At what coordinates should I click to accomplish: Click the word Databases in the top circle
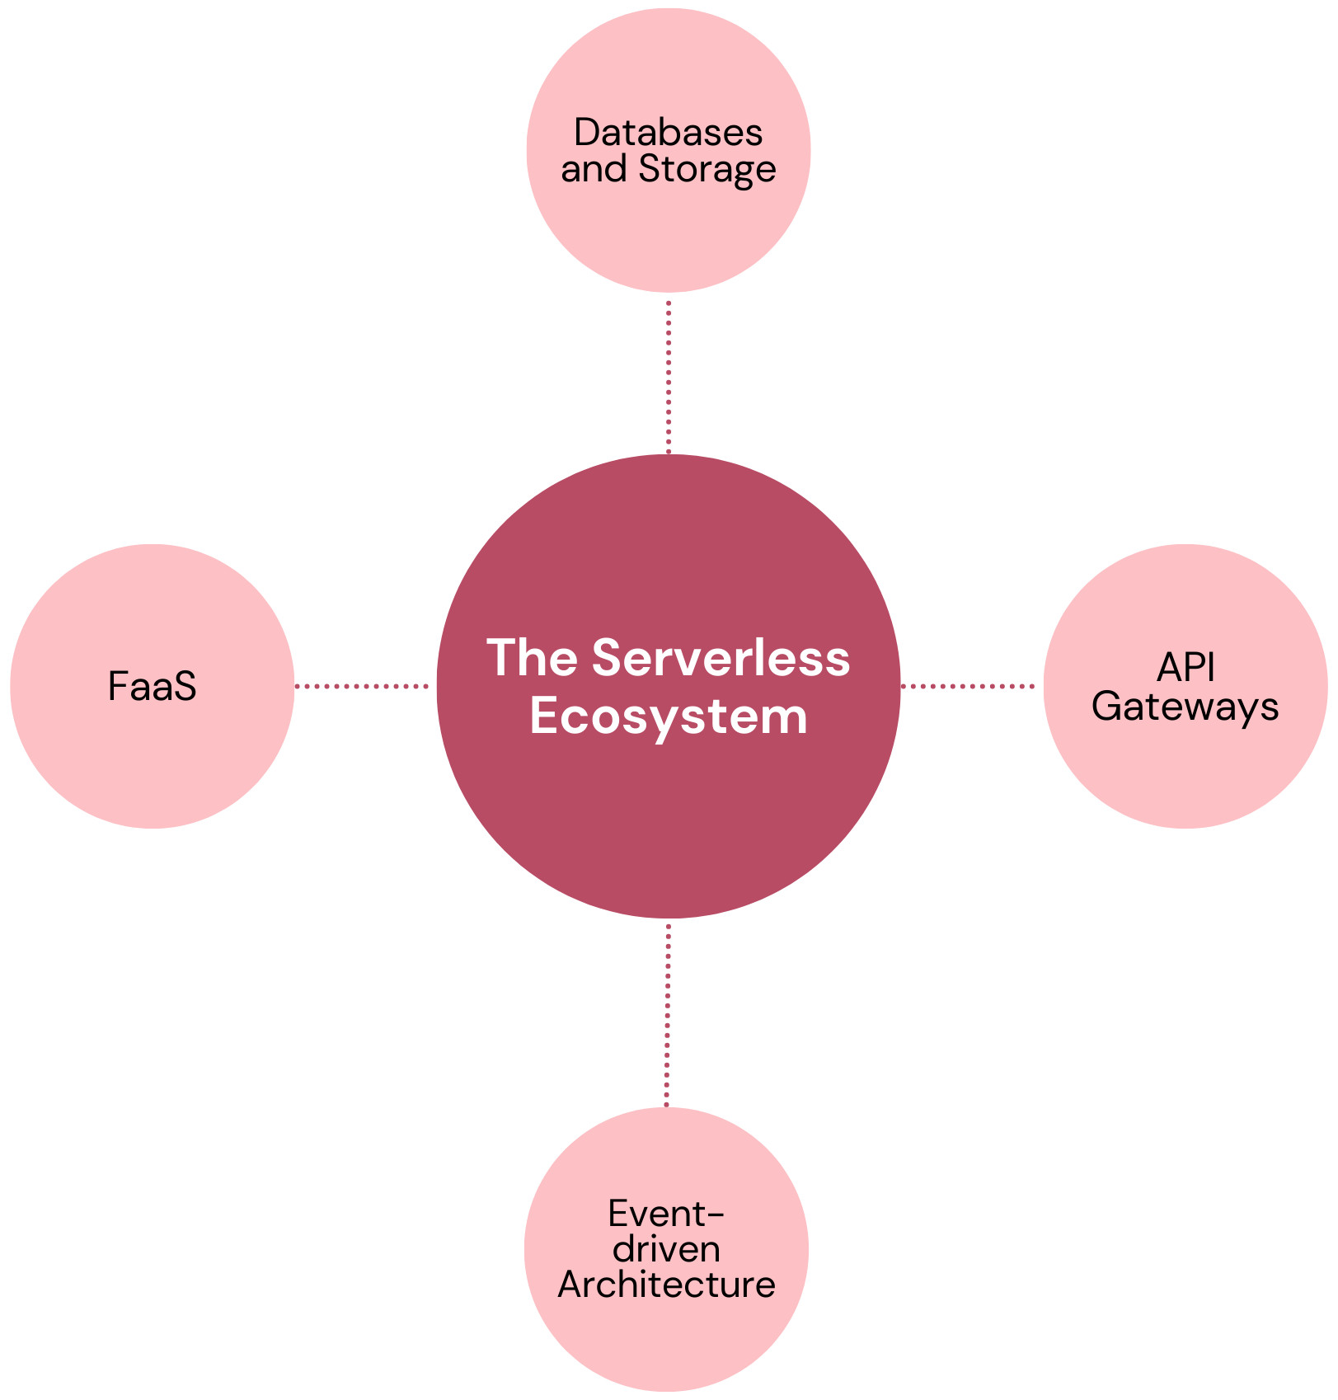pyautogui.click(x=668, y=133)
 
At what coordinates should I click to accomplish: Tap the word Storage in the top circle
pyautogui.click(x=707, y=169)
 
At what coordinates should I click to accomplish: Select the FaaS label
pyautogui.click(x=153, y=687)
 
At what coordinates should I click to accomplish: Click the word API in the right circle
pyautogui.click(x=1185, y=668)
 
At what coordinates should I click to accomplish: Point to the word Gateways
pyautogui.click(x=1185, y=707)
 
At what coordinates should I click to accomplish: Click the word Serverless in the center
pyautogui.click(x=721, y=658)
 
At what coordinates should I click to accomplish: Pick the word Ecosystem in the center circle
pyautogui.click(x=669, y=716)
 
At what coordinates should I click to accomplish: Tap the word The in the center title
pyautogui.click(x=533, y=658)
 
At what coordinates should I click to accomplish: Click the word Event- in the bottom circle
pyautogui.click(x=666, y=1214)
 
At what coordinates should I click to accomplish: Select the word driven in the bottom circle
pyautogui.click(x=666, y=1249)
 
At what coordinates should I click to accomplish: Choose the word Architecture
pyautogui.click(x=666, y=1285)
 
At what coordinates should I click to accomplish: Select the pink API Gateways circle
pyautogui.click(x=1185, y=775)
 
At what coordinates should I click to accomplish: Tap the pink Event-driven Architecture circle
pyautogui.click(x=666, y=1344)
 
